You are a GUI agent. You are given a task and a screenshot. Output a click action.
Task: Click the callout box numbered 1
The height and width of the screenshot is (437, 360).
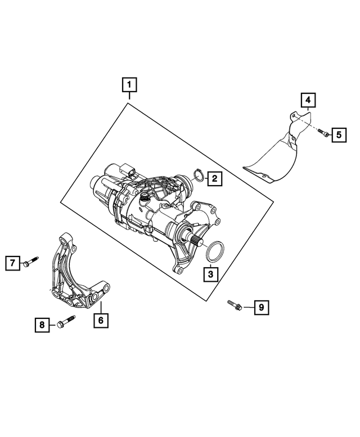coord(129,85)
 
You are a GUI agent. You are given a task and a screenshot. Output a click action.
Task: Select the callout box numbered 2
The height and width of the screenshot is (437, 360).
coord(214,179)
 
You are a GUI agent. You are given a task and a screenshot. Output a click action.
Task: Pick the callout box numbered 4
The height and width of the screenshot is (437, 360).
coord(308,101)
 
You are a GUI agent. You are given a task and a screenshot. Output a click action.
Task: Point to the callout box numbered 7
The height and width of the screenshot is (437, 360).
coord(11,262)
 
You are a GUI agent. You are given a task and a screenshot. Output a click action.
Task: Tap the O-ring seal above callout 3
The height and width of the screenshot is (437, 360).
coord(213,253)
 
